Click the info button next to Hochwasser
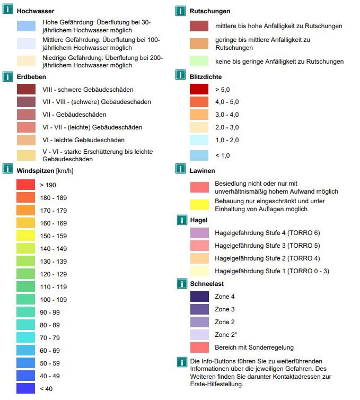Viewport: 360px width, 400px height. [x=7, y=9]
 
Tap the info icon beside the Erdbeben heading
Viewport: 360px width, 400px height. [x=7, y=76]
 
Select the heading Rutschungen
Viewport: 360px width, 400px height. [x=209, y=11]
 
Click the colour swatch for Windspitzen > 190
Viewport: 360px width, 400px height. [x=26, y=185]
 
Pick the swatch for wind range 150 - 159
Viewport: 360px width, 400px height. [x=26, y=236]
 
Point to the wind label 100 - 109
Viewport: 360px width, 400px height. [x=54, y=300]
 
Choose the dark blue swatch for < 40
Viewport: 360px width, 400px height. [x=26, y=388]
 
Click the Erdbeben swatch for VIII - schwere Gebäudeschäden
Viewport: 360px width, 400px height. [x=27, y=89]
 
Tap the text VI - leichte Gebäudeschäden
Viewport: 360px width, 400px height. [x=84, y=140]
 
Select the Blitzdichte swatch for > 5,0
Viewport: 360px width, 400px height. [x=199, y=89]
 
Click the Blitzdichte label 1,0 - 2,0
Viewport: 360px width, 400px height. [x=227, y=140]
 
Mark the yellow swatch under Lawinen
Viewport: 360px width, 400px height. [x=199, y=205]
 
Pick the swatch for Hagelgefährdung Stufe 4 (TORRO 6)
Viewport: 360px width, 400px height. [x=199, y=233]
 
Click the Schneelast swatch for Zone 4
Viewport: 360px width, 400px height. [x=199, y=297]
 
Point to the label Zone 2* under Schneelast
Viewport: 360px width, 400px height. [x=226, y=335]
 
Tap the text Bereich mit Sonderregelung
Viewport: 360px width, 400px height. [x=254, y=347]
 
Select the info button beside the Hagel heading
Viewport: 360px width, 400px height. [x=182, y=220]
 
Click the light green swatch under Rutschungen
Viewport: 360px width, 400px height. [x=199, y=61]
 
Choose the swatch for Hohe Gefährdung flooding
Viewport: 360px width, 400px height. [x=27, y=26]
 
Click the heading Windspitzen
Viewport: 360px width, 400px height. [x=36, y=171]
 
